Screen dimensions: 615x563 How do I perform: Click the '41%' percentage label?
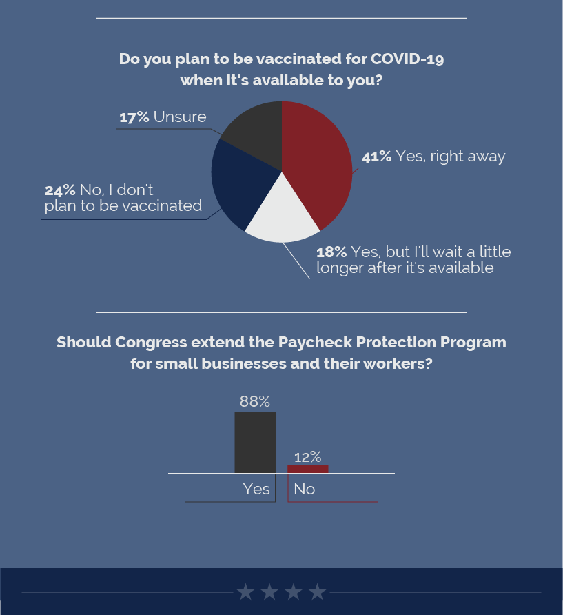click(376, 157)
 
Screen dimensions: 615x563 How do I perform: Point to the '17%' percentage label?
click(134, 117)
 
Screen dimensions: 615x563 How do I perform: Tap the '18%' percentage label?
click(331, 252)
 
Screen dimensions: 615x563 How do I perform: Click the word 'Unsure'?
click(180, 117)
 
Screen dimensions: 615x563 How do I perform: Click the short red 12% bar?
click(307, 469)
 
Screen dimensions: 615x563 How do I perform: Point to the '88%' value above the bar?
click(255, 401)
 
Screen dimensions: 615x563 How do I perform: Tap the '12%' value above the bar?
click(307, 456)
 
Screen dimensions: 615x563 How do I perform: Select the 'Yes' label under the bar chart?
click(256, 489)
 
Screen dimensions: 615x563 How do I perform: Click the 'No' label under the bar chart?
click(304, 489)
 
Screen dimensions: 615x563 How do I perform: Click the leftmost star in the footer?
click(246, 592)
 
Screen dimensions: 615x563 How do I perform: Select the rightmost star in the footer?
click(317, 592)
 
